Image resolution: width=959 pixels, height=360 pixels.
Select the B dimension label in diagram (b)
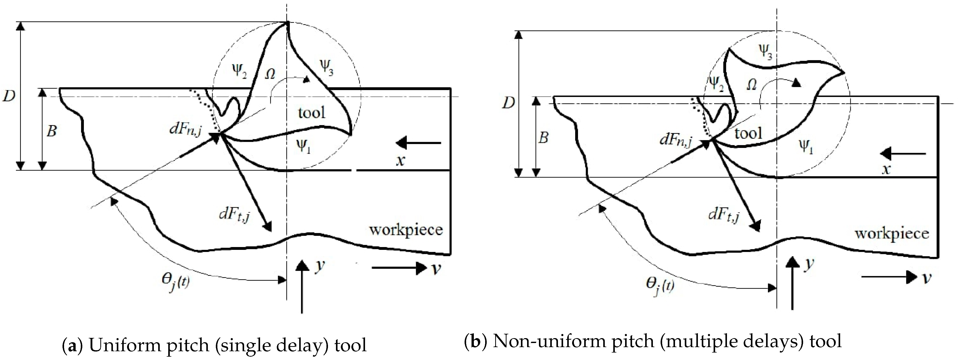[544, 138]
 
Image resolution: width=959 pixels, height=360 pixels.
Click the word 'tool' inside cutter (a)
[311, 112]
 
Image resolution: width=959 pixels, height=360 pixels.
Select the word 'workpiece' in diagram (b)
[891, 234]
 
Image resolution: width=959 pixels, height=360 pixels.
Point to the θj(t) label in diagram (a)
[174, 284]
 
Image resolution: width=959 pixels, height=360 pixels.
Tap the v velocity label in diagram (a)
[436, 268]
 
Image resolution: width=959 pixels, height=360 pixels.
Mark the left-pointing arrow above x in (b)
[904, 153]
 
